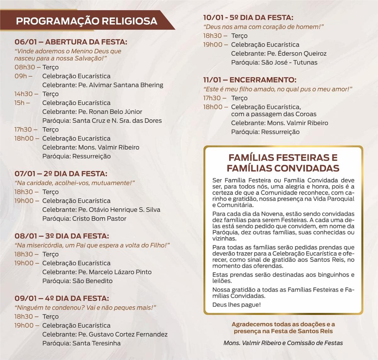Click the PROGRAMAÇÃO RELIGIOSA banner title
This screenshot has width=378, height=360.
click(x=86, y=21)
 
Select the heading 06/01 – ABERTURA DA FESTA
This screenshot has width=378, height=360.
click(x=71, y=42)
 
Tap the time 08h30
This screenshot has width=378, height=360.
click(x=25, y=67)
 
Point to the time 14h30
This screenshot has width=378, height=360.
click(x=24, y=94)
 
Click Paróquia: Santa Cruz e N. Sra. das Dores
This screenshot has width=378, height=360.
click(x=102, y=121)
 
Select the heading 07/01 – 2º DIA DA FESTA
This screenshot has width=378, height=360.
click(x=61, y=174)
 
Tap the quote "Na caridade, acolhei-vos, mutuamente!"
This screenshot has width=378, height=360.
click(x=75, y=183)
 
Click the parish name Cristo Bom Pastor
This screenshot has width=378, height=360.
click(x=99, y=219)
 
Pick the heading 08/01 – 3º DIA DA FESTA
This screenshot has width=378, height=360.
click(x=62, y=236)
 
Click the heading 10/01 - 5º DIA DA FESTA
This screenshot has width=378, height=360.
click(x=248, y=18)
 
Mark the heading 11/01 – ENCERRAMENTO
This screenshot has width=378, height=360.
click(x=250, y=80)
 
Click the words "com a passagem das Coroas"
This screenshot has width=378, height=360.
click(x=269, y=114)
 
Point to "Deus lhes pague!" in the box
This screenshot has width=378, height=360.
click(x=237, y=305)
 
